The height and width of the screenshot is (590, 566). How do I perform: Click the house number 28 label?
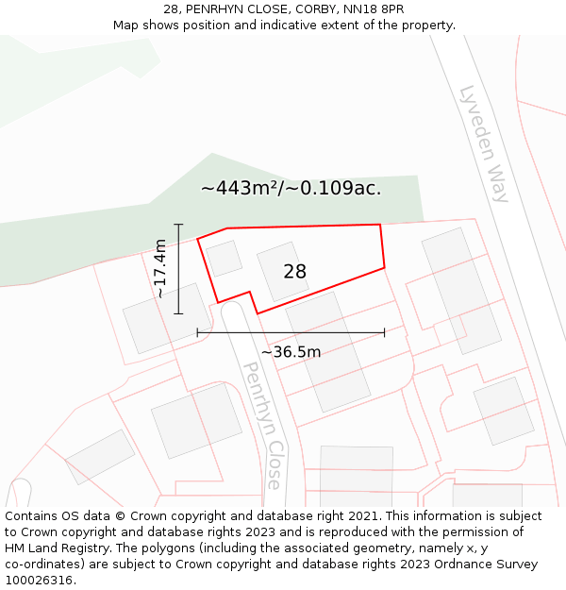(294, 272)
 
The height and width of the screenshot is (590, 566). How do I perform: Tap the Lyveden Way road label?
(484, 143)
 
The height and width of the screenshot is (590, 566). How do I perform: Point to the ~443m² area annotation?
(291, 188)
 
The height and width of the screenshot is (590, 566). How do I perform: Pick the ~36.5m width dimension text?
(291, 352)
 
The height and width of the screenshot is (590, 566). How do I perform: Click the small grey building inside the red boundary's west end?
(225, 258)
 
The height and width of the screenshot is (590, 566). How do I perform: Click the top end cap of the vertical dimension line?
(178, 224)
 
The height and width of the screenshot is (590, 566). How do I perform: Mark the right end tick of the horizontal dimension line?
(384, 332)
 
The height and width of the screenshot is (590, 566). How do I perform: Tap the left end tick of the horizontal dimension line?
(197, 332)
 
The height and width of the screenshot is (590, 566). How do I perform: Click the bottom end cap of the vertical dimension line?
(178, 312)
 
